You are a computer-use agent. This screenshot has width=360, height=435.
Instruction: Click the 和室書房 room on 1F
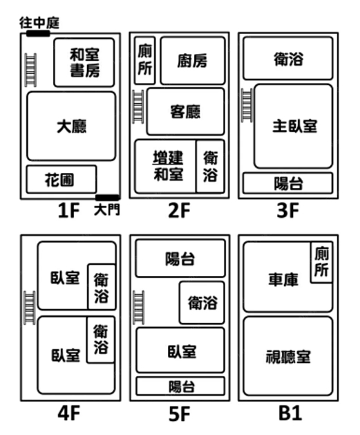(x=84, y=62)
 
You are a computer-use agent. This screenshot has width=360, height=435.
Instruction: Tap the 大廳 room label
(x=71, y=127)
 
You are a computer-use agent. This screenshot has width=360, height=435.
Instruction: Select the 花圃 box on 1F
(x=61, y=179)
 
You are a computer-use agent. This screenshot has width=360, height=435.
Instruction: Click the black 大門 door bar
(x=108, y=198)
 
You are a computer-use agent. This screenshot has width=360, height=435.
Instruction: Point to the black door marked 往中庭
(x=38, y=34)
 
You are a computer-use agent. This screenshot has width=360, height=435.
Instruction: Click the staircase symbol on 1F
(x=30, y=70)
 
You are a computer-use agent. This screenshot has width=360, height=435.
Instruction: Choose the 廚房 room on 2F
(x=193, y=61)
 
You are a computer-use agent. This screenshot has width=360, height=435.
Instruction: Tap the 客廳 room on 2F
(x=185, y=111)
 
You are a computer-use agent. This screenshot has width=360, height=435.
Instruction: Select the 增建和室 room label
(x=168, y=166)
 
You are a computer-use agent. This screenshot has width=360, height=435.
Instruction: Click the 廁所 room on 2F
(x=144, y=60)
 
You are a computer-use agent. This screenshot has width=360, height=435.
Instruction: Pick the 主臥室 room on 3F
(x=294, y=127)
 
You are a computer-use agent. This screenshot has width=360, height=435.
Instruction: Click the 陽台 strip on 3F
(x=288, y=183)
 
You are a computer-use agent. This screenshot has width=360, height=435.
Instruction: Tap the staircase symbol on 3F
(x=247, y=105)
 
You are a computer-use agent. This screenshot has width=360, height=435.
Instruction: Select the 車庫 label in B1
(x=283, y=279)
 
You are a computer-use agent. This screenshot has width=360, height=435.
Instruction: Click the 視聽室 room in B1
(x=288, y=356)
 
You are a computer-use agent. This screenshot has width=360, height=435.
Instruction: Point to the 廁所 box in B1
(x=321, y=262)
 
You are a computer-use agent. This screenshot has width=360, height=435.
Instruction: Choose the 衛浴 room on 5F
(x=202, y=302)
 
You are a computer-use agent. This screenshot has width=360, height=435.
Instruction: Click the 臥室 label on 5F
(x=182, y=351)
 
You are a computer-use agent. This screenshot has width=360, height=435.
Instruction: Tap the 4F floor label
(x=68, y=413)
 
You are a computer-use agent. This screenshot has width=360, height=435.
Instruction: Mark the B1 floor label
(x=290, y=413)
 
